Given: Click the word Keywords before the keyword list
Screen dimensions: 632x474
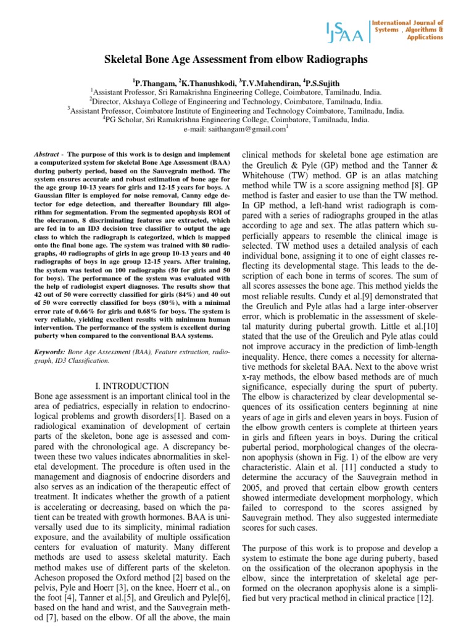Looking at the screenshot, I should point(47,351).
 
